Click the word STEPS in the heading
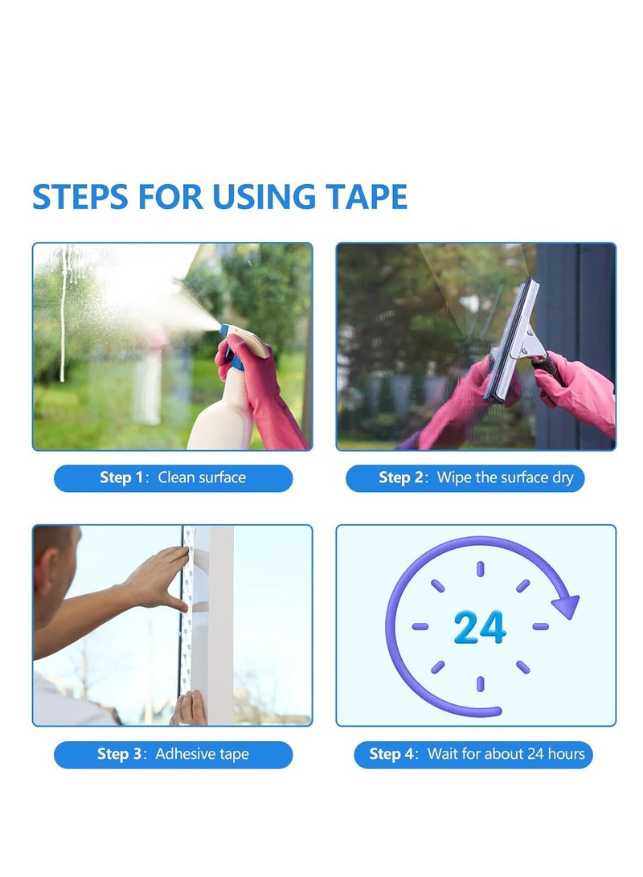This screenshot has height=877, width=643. (x=80, y=197)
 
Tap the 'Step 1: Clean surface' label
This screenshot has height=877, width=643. (x=173, y=478)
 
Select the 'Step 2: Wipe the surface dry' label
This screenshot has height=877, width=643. (x=476, y=478)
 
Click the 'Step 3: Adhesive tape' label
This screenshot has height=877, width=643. (x=173, y=755)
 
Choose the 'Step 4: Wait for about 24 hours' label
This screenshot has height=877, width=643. (x=476, y=755)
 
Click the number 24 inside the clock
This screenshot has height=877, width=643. (x=480, y=628)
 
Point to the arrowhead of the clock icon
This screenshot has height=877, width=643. (x=567, y=604)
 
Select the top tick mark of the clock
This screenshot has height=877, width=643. (x=480, y=569)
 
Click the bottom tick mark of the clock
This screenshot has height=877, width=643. (x=480, y=683)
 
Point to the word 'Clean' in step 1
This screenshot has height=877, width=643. (x=176, y=478)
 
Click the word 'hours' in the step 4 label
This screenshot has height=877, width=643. (x=567, y=755)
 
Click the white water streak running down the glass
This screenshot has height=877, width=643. (x=63, y=322)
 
